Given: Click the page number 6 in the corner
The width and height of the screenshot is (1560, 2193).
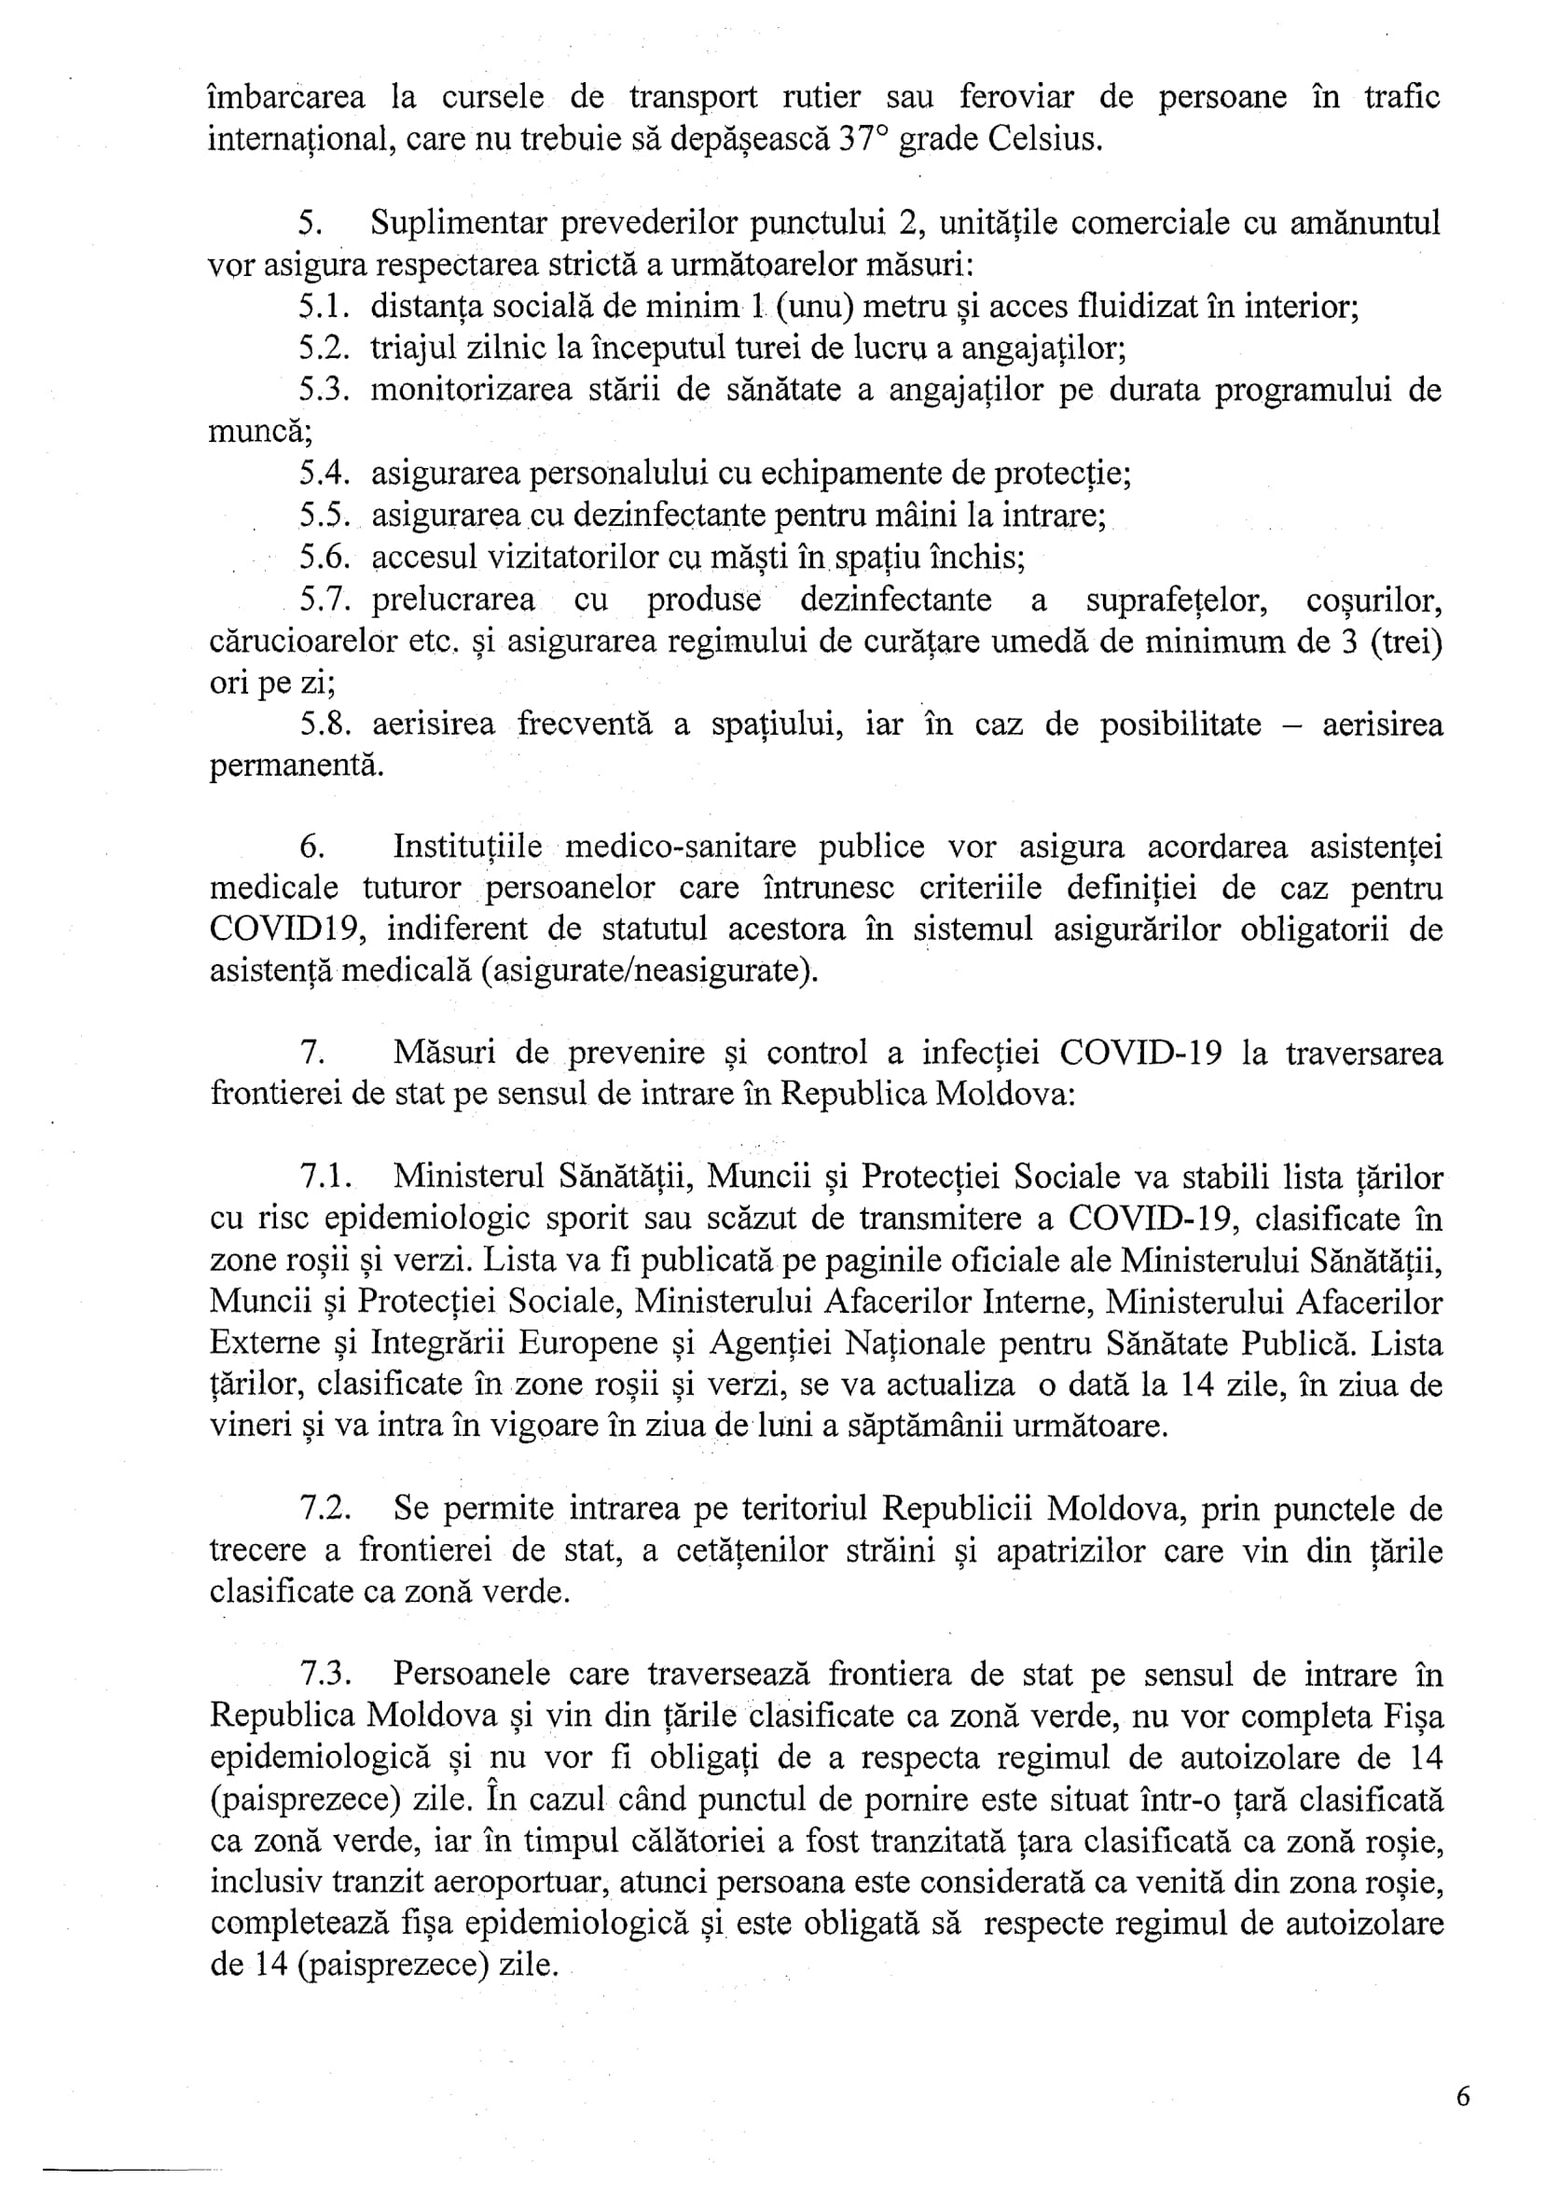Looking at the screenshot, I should (1463, 2097).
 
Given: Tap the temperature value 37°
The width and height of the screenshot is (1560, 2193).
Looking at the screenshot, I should (863, 141).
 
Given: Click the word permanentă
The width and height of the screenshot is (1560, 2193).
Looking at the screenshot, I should (296, 766).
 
